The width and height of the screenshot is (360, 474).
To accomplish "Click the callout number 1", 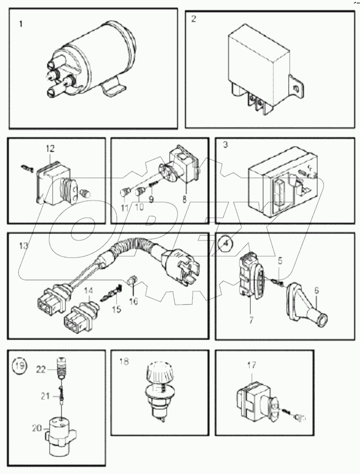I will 21,23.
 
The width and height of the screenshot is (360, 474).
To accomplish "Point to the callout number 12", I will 51,148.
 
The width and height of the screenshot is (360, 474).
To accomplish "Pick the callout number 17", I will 252,365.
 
